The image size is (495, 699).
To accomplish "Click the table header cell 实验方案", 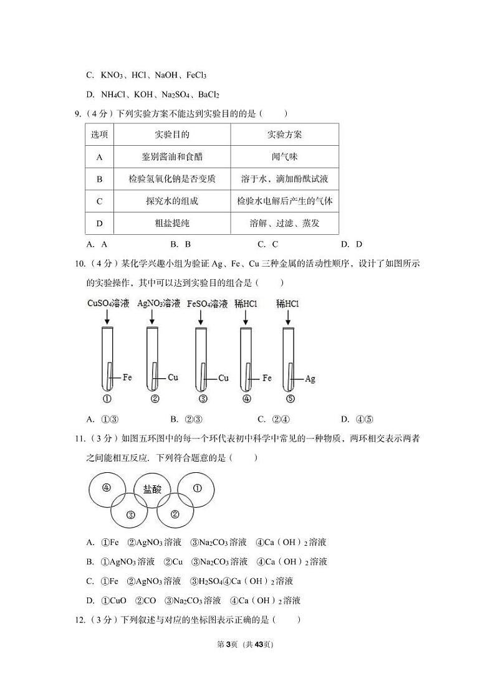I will point(284,135).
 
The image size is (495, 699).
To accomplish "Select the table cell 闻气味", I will point(284,157).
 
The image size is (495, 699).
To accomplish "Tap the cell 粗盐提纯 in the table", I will point(171,223).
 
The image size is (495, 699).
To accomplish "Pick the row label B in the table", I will point(99,179).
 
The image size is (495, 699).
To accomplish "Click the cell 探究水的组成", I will point(171,201).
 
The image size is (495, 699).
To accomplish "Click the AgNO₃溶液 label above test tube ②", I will point(158,304).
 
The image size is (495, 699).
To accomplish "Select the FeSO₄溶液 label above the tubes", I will point(208,304).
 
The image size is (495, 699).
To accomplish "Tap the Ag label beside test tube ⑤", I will point(310,378).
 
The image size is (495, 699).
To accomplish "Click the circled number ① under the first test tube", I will point(107,399).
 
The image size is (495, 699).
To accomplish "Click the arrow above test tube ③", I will point(201,318).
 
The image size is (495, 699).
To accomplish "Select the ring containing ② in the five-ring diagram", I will point(175,515).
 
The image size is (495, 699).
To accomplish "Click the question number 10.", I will point(79,264).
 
